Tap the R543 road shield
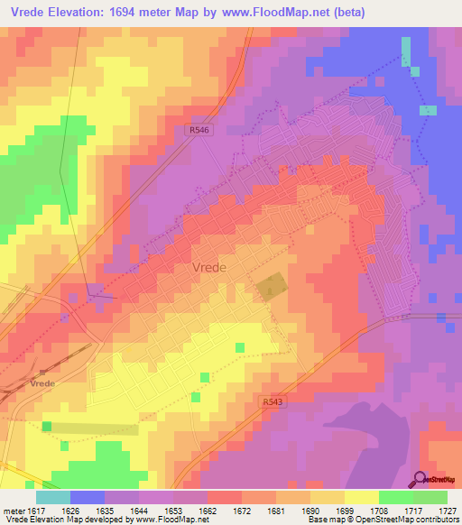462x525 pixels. tap(274, 400)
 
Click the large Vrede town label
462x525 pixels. tap(210, 267)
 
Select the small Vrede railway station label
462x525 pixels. tap(43, 382)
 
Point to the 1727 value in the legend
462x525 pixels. tap(448, 510)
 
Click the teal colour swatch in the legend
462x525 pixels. tap(52, 497)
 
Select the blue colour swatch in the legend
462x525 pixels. tap(87, 497)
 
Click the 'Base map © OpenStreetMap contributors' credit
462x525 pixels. tap(382, 520)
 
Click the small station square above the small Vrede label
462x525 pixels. tap(42, 371)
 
